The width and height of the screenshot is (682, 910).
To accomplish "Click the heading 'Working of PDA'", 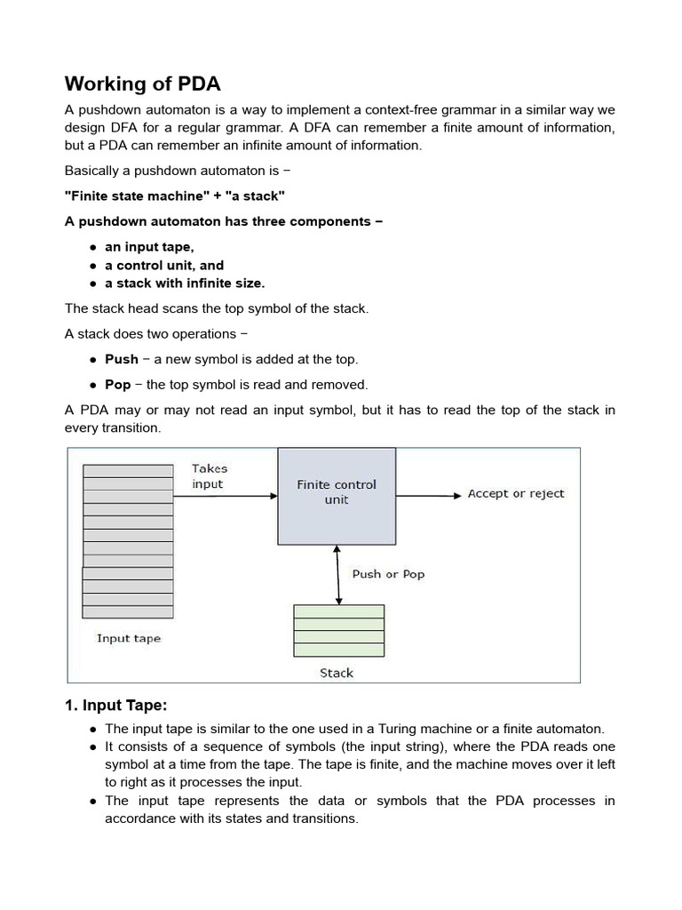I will (x=142, y=84).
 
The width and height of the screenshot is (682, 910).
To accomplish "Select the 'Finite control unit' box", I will (x=337, y=495).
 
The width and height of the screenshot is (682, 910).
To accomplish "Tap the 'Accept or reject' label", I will (x=516, y=494).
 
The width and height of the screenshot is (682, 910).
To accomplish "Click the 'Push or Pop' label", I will (x=388, y=574).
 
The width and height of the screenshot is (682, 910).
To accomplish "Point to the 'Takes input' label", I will (x=210, y=476).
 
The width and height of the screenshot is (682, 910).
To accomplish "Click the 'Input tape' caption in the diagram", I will (x=128, y=638).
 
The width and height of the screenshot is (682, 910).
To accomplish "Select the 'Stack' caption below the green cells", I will (x=337, y=673).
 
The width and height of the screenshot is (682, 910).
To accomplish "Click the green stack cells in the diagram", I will (x=338, y=631).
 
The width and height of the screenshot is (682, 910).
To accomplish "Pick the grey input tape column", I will (x=128, y=540).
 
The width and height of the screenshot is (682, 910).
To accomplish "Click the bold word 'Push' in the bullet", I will (x=122, y=359).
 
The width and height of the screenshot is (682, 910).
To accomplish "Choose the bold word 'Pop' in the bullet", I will (x=117, y=385).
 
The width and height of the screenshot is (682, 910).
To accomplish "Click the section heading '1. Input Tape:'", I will (x=115, y=706).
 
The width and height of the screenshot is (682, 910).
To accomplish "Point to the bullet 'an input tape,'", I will (x=149, y=247).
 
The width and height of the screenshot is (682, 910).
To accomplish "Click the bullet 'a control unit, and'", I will (x=164, y=265).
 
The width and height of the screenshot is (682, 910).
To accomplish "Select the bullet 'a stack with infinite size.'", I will (x=185, y=283).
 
